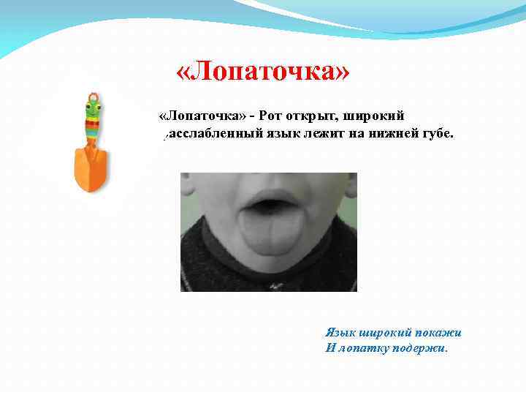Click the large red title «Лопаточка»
click(263, 72)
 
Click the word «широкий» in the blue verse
click(384, 332)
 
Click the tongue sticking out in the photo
click(269, 234)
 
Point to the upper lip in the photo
click(267, 196)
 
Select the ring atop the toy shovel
click(92, 97)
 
